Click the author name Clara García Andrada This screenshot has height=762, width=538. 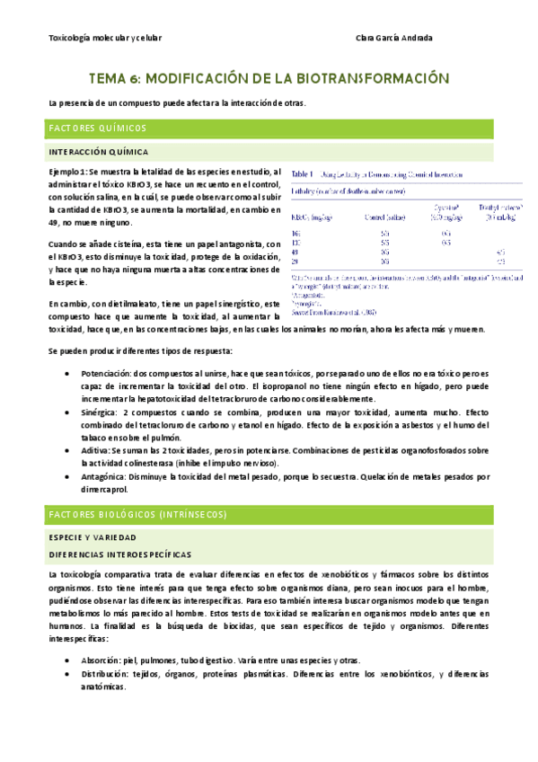click(394, 39)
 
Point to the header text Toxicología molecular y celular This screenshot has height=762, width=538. click(101, 39)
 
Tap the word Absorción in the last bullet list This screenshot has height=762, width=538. click(101, 660)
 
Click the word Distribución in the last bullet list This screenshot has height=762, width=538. click(105, 673)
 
